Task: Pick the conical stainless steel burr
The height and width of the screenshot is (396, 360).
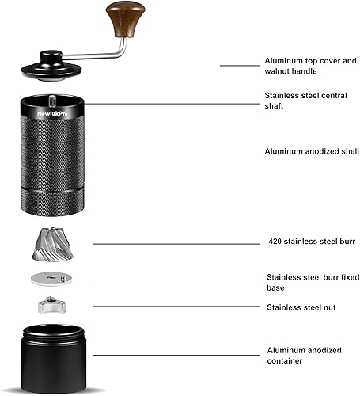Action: click(54, 244)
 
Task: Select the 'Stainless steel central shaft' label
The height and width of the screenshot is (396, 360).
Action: click(301, 101)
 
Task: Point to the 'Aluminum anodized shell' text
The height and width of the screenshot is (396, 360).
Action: click(312, 152)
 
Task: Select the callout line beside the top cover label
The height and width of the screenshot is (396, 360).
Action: click(237, 66)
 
